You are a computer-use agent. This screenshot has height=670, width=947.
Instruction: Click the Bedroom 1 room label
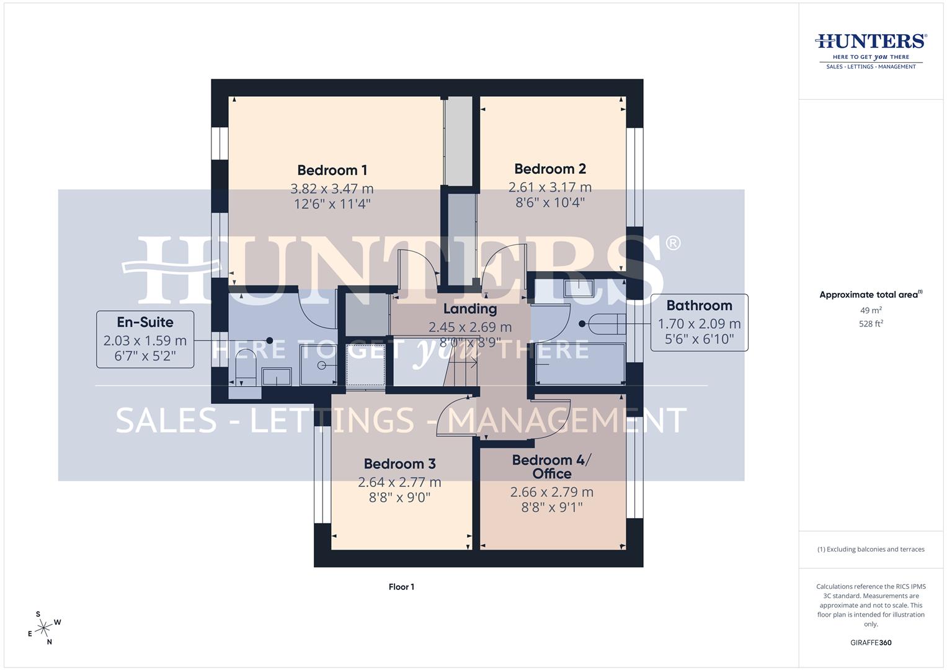(x=332, y=170)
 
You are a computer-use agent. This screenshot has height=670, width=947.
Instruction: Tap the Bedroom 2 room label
(x=549, y=169)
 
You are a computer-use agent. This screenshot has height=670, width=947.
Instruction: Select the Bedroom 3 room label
(x=399, y=463)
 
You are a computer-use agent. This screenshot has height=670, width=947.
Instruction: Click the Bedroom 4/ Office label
(x=551, y=467)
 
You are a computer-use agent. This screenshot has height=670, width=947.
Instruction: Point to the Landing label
(x=469, y=308)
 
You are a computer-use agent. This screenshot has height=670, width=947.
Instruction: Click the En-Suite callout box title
(x=145, y=322)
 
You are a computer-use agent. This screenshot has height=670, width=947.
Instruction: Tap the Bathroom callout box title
(x=699, y=305)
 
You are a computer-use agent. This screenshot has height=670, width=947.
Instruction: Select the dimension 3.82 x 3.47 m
(x=332, y=189)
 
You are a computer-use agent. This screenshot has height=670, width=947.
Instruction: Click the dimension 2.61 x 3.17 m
(x=549, y=187)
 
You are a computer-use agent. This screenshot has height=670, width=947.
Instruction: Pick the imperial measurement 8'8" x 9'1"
(x=551, y=507)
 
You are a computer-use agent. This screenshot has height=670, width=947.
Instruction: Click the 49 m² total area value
(x=871, y=310)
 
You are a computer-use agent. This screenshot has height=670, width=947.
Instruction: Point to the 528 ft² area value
(x=871, y=324)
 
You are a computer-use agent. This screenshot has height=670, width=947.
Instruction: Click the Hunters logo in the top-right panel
(x=871, y=50)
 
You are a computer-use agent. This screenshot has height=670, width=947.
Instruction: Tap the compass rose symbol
(x=43, y=628)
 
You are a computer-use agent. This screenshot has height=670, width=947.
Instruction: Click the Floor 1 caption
(x=401, y=587)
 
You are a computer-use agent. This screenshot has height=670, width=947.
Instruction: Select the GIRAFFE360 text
(x=871, y=643)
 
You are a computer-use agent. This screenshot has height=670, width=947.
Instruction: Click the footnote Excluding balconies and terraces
(x=871, y=549)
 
